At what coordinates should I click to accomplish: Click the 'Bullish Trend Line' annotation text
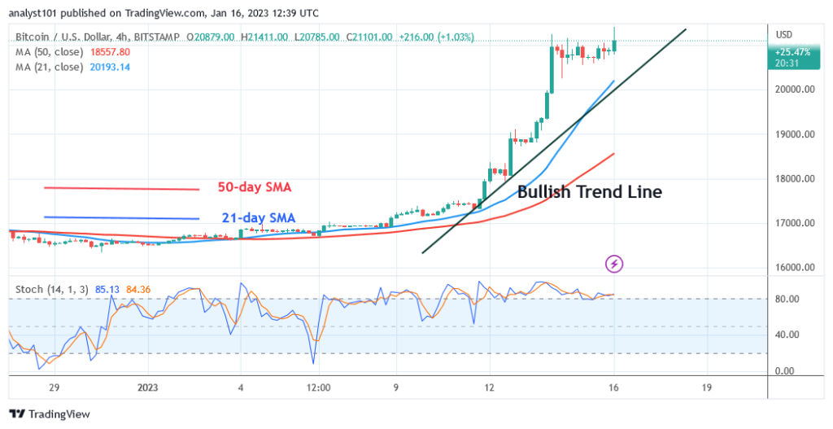click(590, 193)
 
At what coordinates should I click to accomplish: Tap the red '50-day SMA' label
click(254, 187)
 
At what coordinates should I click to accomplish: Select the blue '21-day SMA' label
click(257, 217)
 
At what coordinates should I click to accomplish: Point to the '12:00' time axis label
click(318, 387)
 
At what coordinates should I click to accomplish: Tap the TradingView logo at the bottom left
click(49, 414)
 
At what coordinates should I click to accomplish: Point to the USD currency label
click(786, 34)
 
